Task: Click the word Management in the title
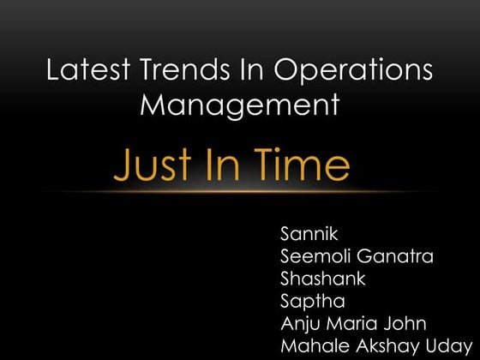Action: coord(239,105)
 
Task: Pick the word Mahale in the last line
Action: coord(309,345)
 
